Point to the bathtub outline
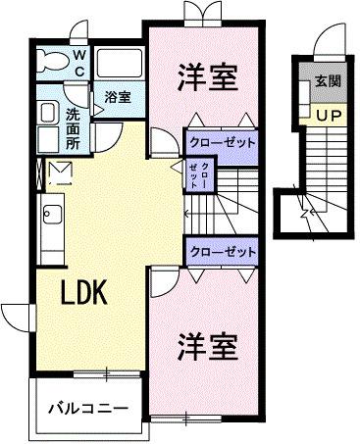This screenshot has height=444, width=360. (121, 66)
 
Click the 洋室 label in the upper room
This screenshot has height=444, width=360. (207, 78)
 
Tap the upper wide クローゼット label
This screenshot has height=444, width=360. (222, 142)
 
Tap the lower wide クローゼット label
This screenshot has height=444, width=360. (222, 252)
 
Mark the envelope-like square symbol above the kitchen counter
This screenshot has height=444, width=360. (58, 173)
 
